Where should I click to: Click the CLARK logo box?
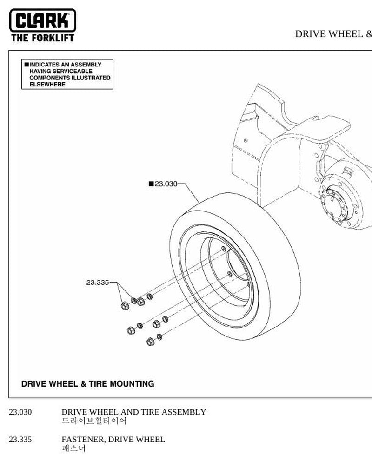43,20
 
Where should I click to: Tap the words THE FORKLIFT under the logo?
43,38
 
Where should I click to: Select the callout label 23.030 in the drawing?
166,184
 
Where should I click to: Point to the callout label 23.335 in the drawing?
97,283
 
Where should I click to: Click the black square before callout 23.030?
152,184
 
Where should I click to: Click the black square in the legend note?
27,65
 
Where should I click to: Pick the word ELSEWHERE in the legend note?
47,85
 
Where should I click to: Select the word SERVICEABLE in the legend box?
73,71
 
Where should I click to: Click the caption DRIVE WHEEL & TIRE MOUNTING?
87,384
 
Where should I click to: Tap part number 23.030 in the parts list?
20,412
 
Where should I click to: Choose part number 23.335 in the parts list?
20,439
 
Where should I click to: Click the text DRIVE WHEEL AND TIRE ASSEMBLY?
134,412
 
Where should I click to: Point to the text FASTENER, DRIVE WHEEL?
113,439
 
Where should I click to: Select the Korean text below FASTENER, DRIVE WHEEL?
74,448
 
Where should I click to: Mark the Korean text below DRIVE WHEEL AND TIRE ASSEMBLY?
94,421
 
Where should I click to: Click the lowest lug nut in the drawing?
150,342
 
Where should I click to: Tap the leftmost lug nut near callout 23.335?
125,306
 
